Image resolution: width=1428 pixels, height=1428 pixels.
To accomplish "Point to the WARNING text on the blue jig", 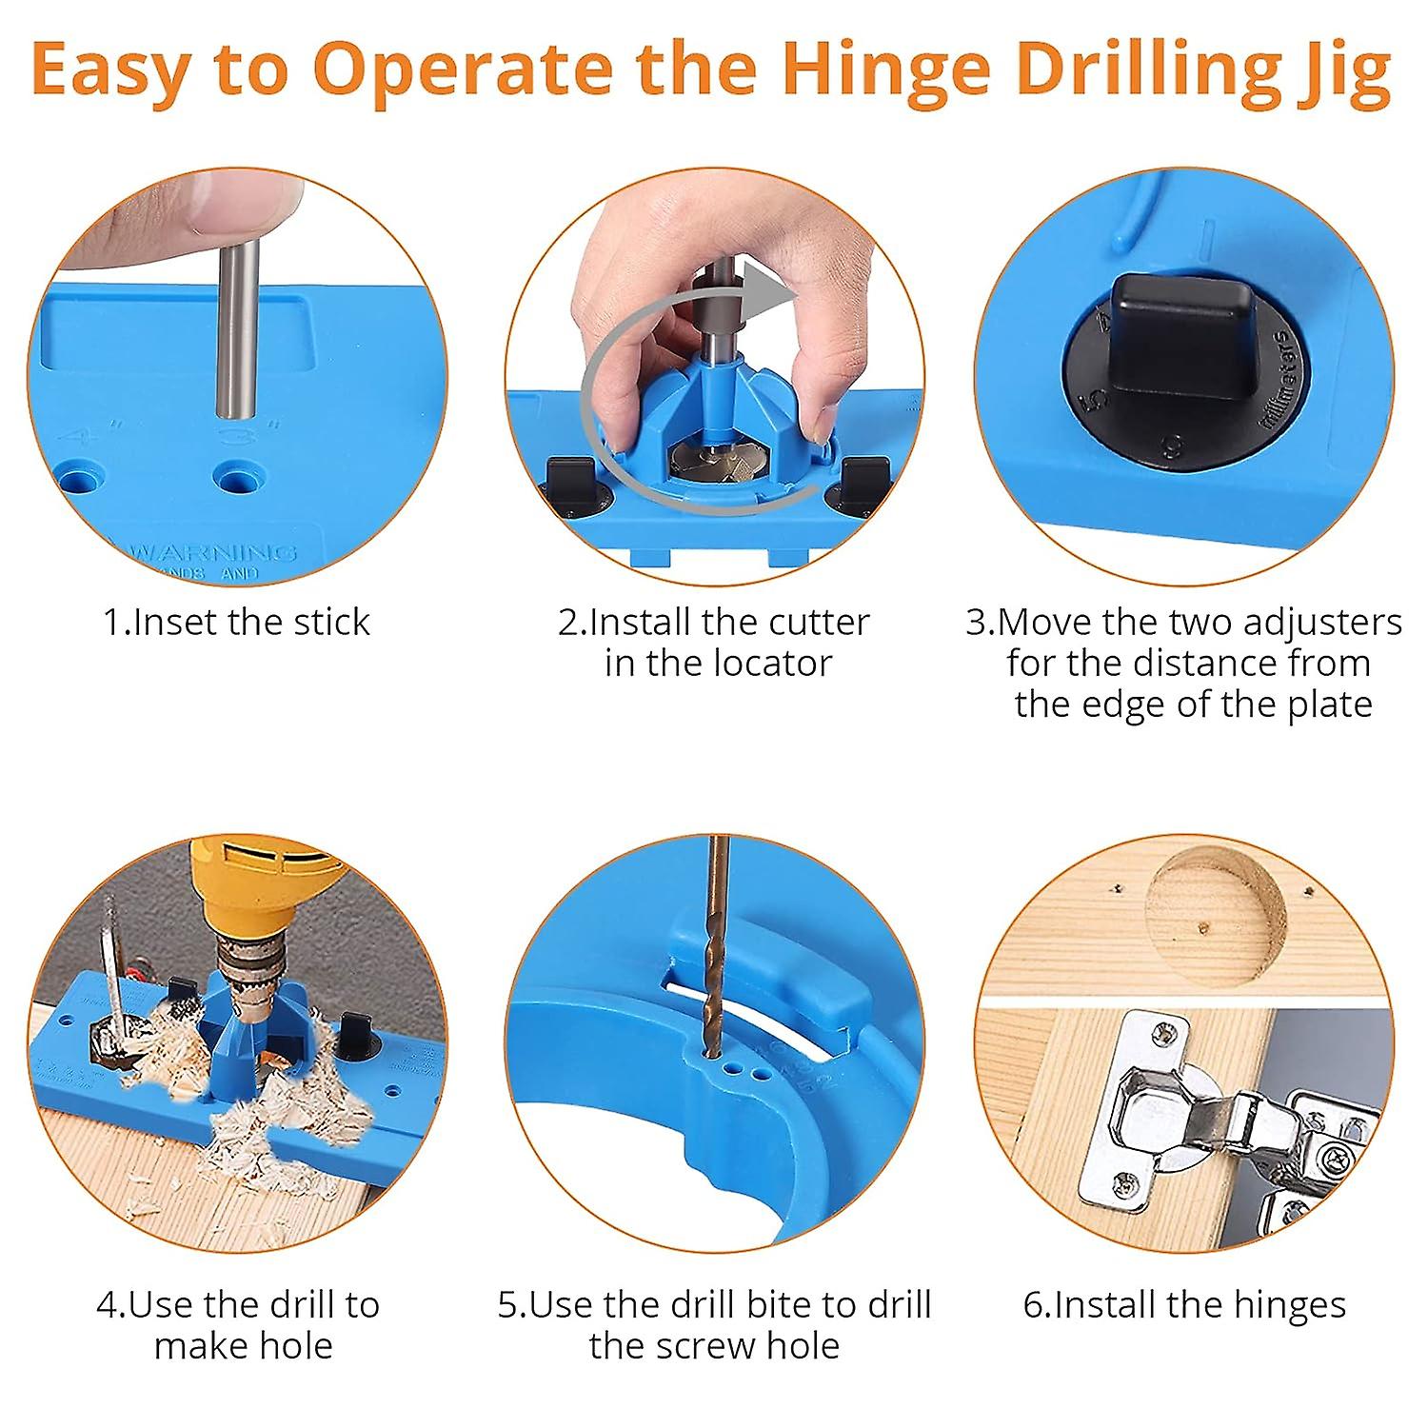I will pyautogui.click(x=214, y=552).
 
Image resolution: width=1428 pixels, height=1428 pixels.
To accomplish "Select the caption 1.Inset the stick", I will pyautogui.click(x=236, y=622).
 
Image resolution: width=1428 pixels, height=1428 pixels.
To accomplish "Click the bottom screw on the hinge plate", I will pyautogui.click(x=1125, y=1183).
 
